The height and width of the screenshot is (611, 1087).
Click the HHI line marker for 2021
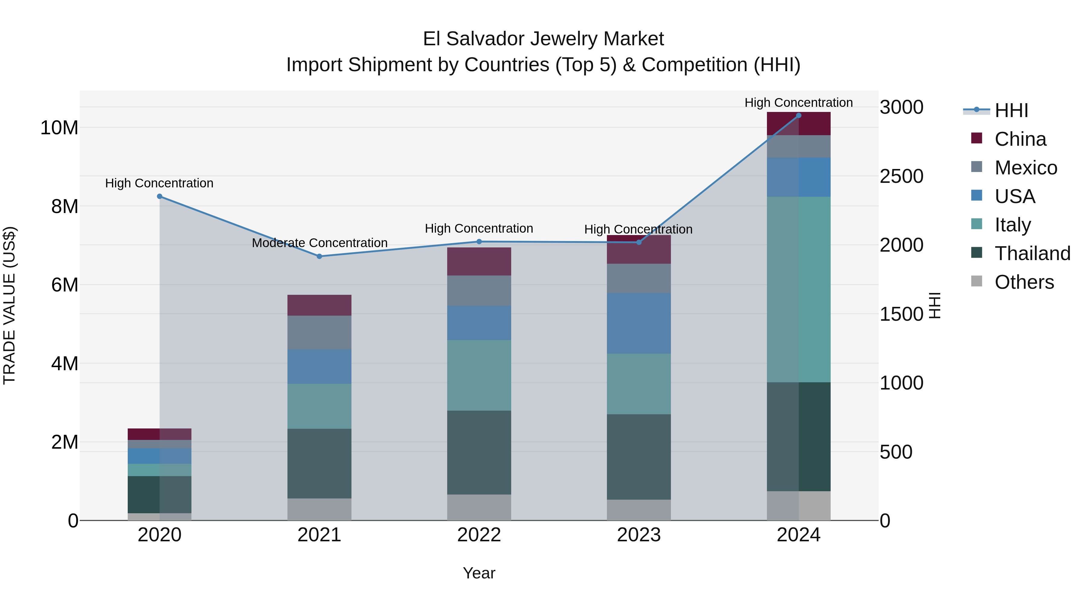point(319,256)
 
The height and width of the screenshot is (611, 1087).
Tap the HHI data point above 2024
point(798,116)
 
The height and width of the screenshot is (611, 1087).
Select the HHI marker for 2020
point(159,196)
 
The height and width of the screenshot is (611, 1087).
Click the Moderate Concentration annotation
point(319,243)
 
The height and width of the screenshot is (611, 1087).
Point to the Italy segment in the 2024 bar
point(798,289)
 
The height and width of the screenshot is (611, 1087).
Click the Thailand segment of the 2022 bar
point(479,453)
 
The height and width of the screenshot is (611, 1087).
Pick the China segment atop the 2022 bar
point(479,261)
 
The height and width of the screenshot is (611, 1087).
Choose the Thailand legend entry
point(1032,253)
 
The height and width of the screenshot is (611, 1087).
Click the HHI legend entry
point(1011,110)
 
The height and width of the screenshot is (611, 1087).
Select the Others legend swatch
point(976,281)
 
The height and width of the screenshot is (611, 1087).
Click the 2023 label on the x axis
point(638,535)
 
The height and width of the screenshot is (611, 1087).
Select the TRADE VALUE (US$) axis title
point(9,305)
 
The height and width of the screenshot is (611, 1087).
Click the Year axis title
point(479,573)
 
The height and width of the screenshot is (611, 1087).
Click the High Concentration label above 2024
point(798,103)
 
